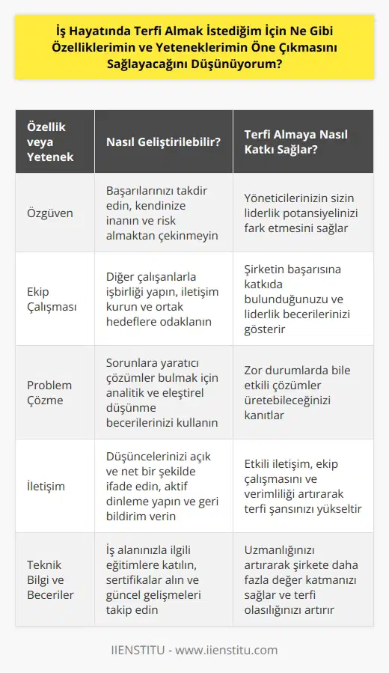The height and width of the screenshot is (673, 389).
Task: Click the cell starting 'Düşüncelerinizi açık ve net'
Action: point(162,486)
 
